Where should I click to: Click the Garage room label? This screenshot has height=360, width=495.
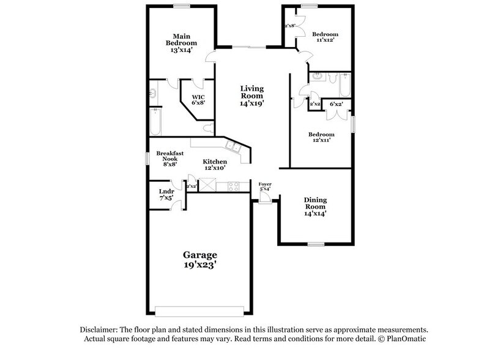point(199,254)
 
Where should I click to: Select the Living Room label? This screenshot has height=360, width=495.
point(251,92)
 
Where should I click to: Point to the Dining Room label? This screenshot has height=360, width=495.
point(315,203)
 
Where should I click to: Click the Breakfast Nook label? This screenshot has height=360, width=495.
point(166,157)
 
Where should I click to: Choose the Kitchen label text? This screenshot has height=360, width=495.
point(215,162)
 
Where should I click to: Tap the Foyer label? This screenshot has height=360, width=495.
point(264,184)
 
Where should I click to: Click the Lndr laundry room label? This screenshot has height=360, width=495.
point(166,191)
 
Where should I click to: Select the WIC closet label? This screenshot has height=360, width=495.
point(198,97)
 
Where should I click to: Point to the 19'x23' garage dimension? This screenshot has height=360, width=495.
point(199,266)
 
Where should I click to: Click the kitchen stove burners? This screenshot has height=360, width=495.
point(233,187)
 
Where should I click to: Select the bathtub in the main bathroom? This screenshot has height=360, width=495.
point(155,121)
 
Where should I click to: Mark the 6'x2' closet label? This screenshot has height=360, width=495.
point(335,105)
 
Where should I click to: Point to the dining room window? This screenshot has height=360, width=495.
point(315,244)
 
